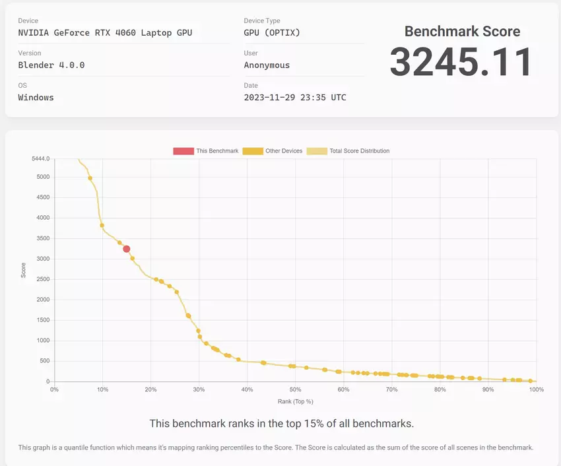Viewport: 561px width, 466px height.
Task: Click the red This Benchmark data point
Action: tap(126, 249)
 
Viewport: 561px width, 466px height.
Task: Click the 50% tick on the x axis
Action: tap(295, 389)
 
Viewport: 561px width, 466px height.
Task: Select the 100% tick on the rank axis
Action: tap(536, 389)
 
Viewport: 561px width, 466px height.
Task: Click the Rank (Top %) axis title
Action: tap(295, 401)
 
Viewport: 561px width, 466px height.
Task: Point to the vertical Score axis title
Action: tap(24, 271)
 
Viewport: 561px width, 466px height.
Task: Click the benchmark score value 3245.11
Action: tap(461, 63)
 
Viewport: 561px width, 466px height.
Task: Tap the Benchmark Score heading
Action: tap(462, 31)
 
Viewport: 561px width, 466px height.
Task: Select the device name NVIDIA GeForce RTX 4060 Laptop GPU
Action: tap(106, 33)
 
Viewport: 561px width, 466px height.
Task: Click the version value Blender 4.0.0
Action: tap(51, 65)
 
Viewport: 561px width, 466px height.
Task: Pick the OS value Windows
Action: tap(36, 98)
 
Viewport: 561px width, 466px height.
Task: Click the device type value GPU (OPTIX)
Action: tap(272, 33)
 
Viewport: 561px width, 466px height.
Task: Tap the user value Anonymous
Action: tap(267, 65)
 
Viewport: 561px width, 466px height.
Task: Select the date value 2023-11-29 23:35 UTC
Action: tap(295, 98)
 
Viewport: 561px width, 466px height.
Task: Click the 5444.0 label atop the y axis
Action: tap(41, 159)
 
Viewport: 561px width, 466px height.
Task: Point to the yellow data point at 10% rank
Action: tap(102, 226)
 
